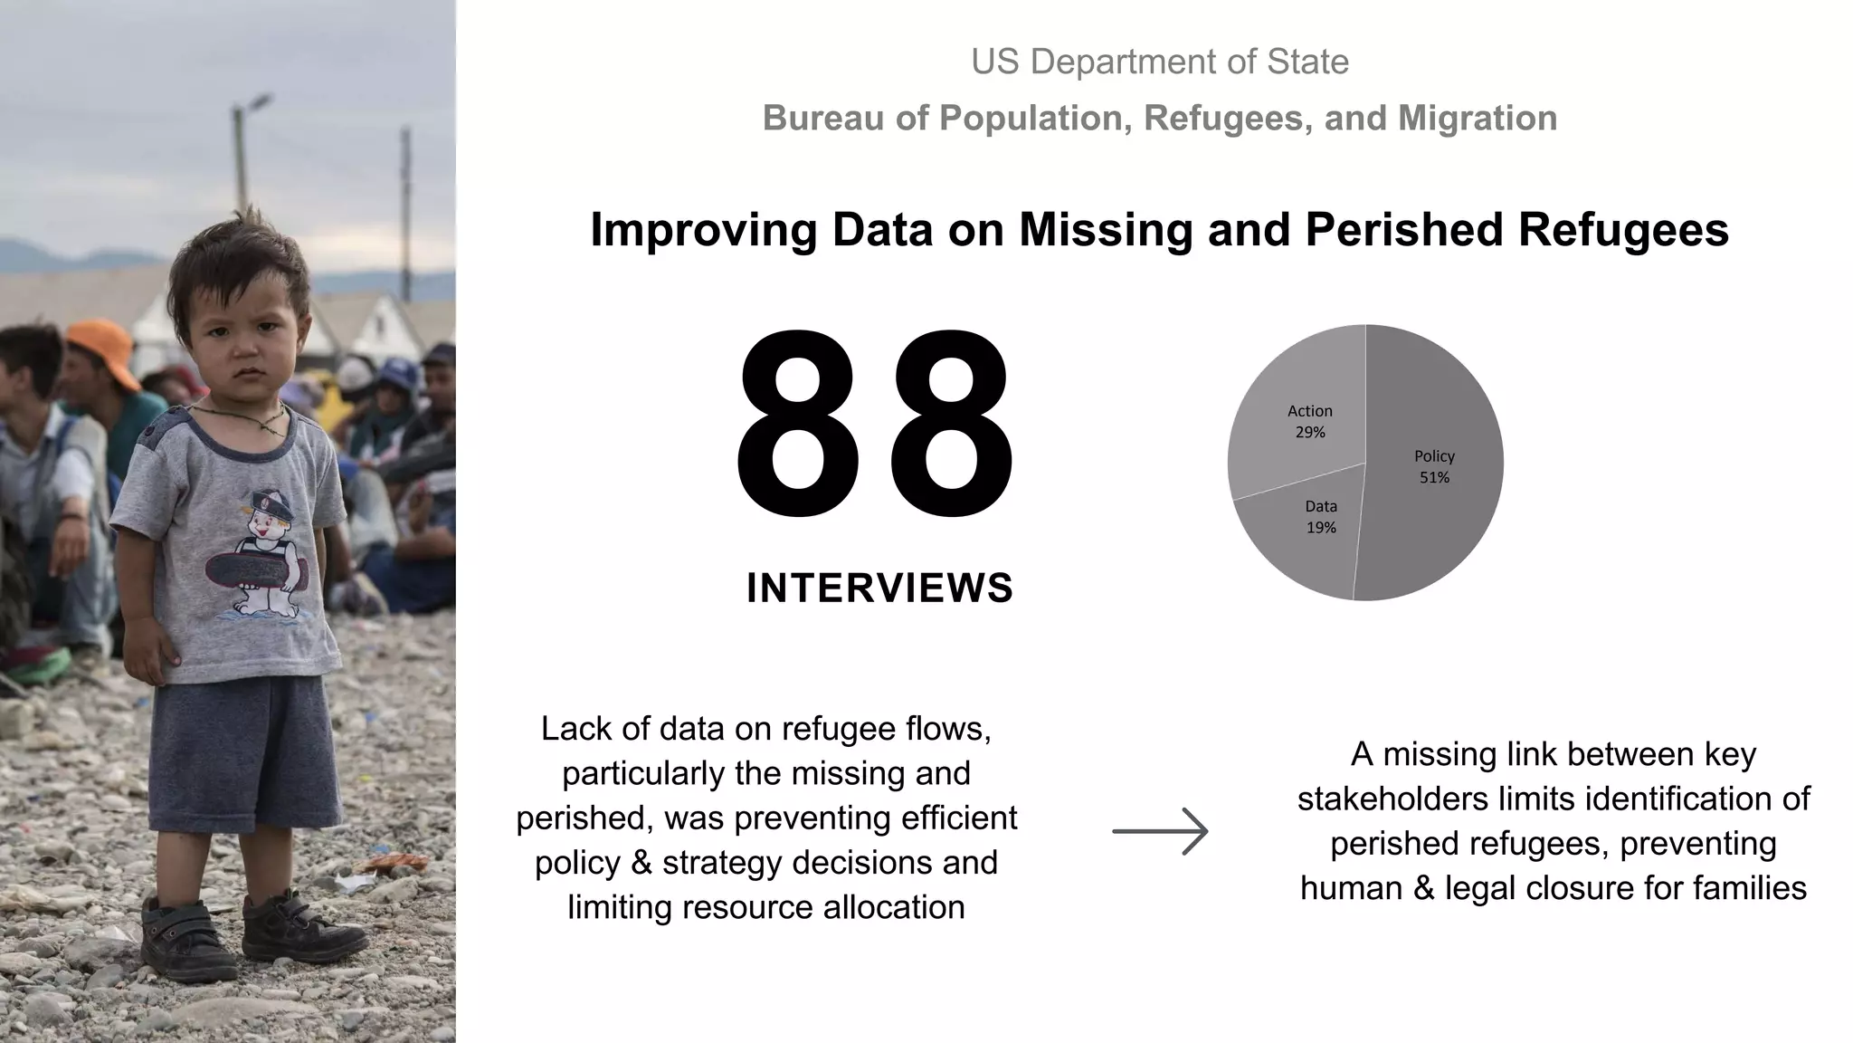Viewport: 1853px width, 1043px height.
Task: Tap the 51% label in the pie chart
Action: (x=1434, y=477)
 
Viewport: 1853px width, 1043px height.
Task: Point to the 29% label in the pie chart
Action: (x=1309, y=432)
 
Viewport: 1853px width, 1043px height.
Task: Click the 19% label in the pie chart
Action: (x=1321, y=527)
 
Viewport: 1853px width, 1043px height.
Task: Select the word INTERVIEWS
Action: (x=879, y=588)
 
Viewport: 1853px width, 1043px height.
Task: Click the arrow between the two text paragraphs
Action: (x=1160, y=831)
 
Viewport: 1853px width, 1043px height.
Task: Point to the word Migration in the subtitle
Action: (x=1478, y=119)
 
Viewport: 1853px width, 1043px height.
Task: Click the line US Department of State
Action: (x=1159, y=62)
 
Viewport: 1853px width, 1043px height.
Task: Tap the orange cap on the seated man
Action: (x=100, y=349)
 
